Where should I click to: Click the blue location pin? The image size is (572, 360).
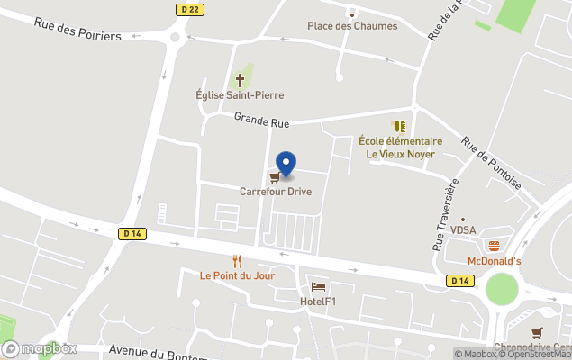pos(286,164)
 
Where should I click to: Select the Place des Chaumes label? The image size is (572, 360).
pos(352,26)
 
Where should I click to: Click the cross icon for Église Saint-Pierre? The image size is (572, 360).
pos(240,79)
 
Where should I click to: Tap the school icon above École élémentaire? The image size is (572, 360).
pos(399,126)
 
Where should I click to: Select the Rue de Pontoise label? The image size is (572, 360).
pos(491,162)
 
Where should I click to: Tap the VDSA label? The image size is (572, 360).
pos(463,230)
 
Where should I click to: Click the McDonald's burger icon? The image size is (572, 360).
pos(493,246)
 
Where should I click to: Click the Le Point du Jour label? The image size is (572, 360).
pos(238,275)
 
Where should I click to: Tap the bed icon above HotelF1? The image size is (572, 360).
pos(318,287)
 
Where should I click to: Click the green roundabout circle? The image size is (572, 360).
pos(502,290)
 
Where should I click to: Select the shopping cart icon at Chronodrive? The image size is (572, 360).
pos(538,333)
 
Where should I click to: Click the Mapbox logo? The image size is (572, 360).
pos(41,349)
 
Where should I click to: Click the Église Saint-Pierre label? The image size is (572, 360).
pos(240,95)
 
